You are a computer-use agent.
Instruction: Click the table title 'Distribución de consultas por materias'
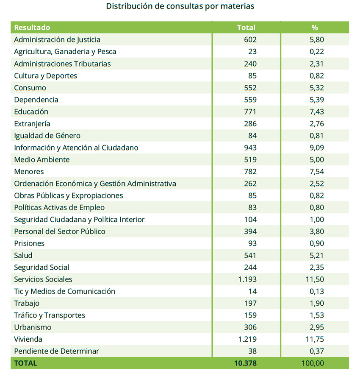coord(180,6)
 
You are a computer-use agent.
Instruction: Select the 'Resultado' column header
coord(32,28)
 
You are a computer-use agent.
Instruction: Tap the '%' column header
coord(315,28)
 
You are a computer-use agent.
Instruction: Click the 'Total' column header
coord(246,28)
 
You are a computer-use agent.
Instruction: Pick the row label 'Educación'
coord(31,112)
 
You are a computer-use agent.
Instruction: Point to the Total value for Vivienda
coord(247,339)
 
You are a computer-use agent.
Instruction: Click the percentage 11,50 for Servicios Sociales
coord(315,279)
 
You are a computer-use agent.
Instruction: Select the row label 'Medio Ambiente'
coord(42,159)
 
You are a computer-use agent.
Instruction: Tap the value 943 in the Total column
coord(250,148)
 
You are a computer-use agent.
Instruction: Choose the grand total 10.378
coord(245,363)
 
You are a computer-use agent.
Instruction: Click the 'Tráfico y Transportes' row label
coord(50,315)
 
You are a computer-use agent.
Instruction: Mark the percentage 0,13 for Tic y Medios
coord(317,291)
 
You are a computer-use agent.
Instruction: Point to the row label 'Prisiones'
coord(29,243)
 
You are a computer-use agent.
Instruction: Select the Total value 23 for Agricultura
coord(252,52)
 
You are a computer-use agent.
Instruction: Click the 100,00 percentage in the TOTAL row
coord(313,363)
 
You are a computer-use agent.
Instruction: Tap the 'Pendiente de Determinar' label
coord(56,351)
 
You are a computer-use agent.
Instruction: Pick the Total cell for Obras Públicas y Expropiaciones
coord(252,195)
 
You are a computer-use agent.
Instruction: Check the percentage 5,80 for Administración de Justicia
coord(317,39)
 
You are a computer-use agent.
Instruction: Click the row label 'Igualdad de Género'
coord(47,136)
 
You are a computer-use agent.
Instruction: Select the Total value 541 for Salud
coord(250,255)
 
